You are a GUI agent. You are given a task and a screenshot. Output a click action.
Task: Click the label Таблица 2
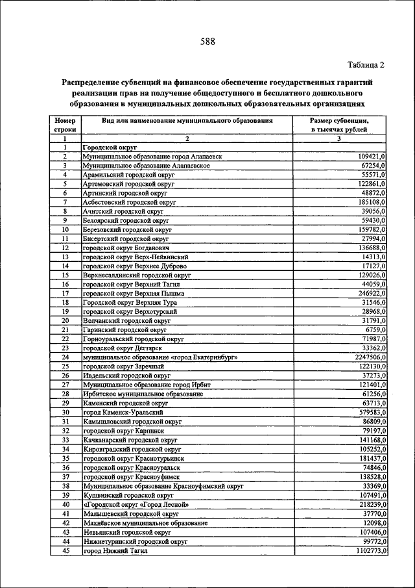[x=366, y=64]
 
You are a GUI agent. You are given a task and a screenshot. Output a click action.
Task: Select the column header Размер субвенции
[x=339, y=121]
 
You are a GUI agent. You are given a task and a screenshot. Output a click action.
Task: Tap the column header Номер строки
[x=65, y=125]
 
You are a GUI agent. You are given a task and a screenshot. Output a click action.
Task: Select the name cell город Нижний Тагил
[x=115, y=551]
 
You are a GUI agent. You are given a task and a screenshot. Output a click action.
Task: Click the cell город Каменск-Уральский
[x=122, y=413]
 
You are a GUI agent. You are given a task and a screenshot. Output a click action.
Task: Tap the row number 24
[x=65, y=357]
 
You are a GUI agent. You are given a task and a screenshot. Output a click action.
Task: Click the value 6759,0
[x=374, y=330]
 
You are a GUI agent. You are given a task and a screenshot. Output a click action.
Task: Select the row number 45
[x=65, y=551]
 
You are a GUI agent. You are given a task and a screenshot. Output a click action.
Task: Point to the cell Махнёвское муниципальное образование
[x=145, y=523]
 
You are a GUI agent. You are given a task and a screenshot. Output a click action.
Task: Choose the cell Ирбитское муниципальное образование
[x=141, y=394]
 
